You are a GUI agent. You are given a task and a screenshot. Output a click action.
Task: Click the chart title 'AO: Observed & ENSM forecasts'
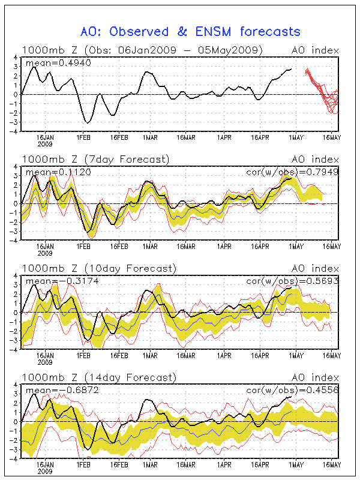point(190,31)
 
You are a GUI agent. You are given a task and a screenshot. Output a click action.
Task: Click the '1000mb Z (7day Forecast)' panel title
point(95,159)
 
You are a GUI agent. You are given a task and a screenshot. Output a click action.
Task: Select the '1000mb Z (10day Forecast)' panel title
point(98,268)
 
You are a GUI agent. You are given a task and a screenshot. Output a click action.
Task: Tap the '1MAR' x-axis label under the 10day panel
point(150,355)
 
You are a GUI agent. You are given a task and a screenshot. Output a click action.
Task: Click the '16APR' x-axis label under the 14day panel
point(259,464)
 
